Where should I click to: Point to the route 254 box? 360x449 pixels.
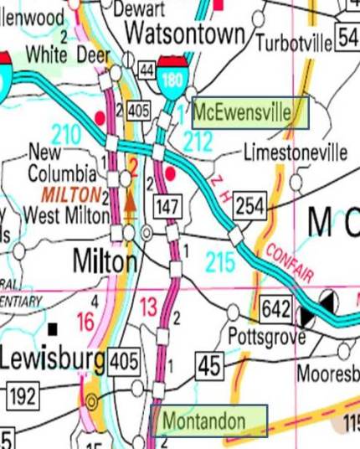pos(249,204)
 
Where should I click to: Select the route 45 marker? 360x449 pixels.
pos(208,364)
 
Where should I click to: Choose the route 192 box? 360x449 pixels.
pos(24,393)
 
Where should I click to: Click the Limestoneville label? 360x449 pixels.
pos(295,153)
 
